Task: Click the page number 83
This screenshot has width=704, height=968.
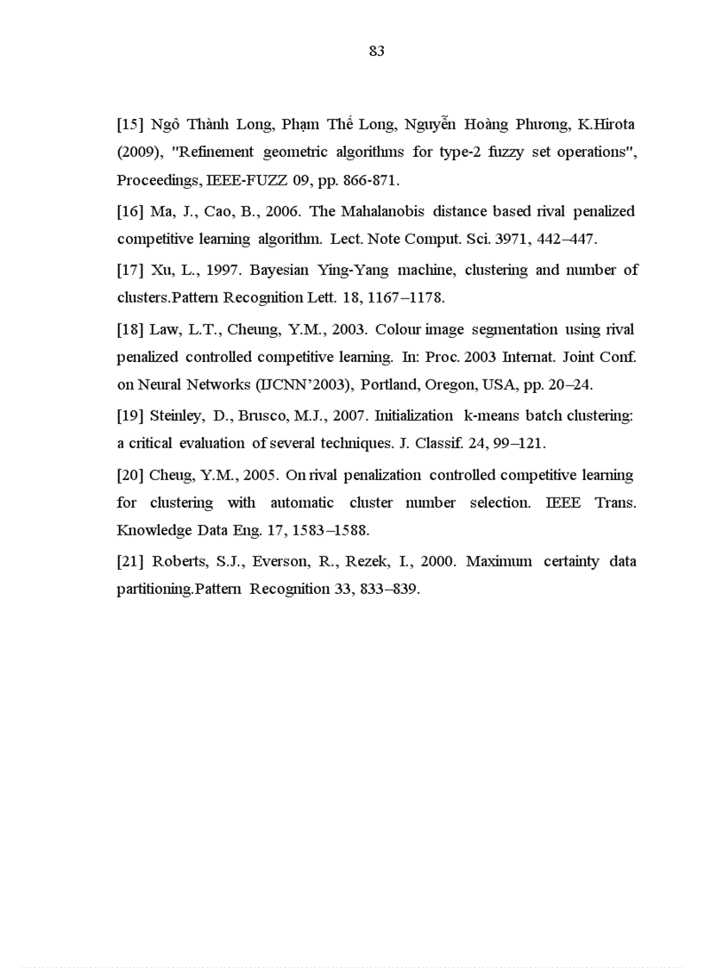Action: tap(376, 51)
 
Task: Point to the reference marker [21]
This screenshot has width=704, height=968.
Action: tap(131, 562)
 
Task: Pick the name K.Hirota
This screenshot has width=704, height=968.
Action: tap(606, 124)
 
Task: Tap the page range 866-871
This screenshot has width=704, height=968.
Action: tap(370, 181)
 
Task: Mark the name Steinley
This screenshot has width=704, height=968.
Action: tap(177, 415)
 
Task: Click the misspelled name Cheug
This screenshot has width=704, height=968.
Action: tap(171, 475)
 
